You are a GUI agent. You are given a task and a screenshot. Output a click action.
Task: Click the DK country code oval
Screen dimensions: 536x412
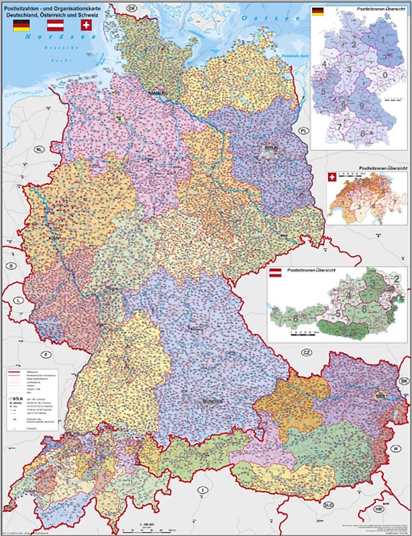coord(132,7)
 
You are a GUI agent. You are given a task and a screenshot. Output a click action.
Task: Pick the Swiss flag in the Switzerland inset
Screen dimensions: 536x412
coord(331,177)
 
